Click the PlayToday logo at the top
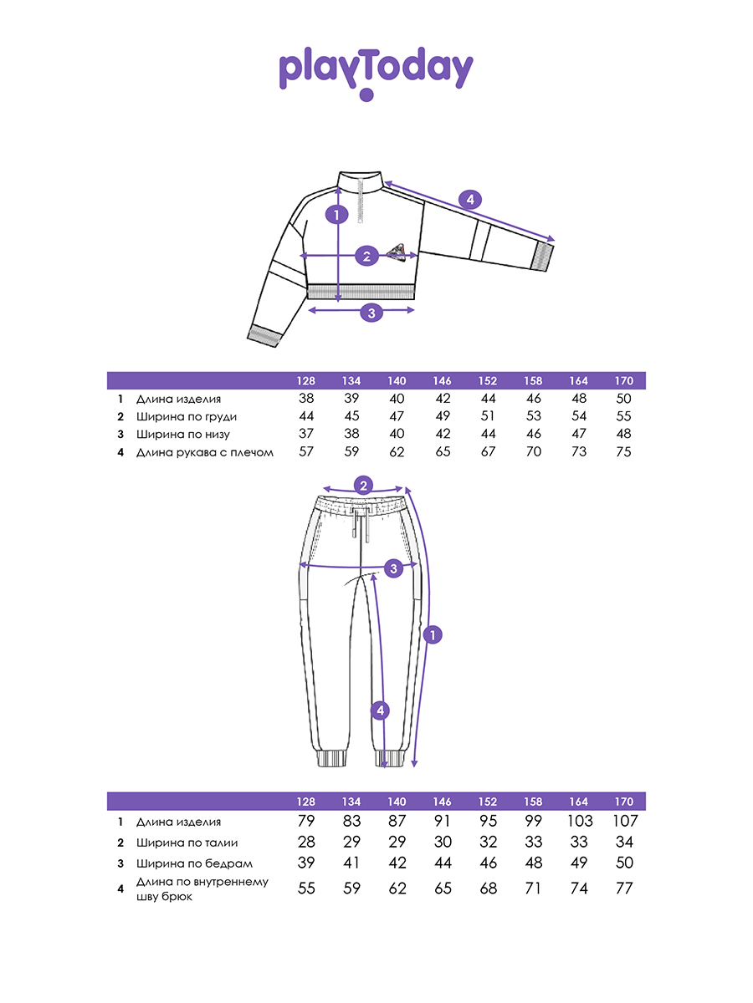tap(376, 72)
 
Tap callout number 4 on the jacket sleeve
tap(470, 200)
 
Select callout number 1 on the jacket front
tap(336, 215)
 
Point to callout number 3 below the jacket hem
tap(372, 313)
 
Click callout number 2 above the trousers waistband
tap(363, 485)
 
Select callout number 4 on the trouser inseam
tap(381, 711)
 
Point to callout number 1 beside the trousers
tap(432, 635)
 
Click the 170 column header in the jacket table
tap(623, 381)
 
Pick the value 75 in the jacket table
tap(623, 451)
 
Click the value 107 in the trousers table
tap(624, 821)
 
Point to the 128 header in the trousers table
tap(306, 801)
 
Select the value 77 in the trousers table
tap(624, 888)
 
